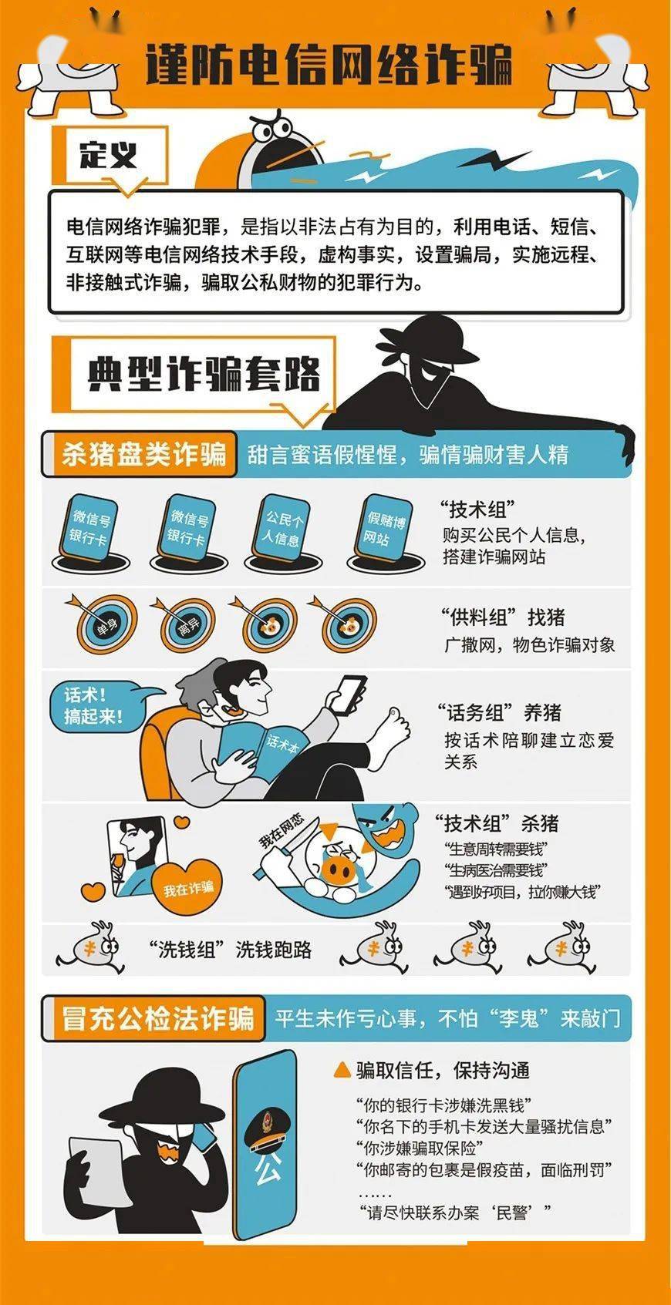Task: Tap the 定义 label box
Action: coord(108,156)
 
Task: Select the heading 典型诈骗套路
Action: coord(204,375)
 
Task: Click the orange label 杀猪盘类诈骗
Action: coord(143,454)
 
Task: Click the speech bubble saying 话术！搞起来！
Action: coord(95,706)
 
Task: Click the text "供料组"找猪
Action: coord(503,617)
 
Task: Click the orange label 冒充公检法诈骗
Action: coord(158,1017)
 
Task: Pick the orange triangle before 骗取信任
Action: coord(342,1070)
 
